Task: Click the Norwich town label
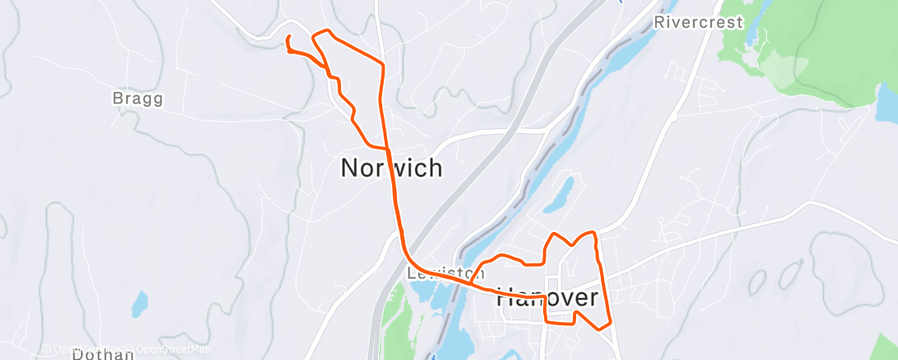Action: (x=391, y=168)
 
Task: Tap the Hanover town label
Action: (x=546, y=298)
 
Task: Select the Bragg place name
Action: (x=137, y=99)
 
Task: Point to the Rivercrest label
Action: (x=698, y=22)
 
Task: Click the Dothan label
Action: (x=103, y=354)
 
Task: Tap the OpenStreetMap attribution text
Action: (x=174, y=348)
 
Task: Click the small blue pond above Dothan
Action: (x=140, y=302)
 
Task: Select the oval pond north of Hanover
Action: (x=559, y=195)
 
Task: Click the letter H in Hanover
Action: (x=506, y=298)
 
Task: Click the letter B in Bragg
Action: (x=116, y=99)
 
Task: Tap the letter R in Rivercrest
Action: (x=659, y=22)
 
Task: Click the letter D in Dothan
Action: (x=78, y=354)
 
